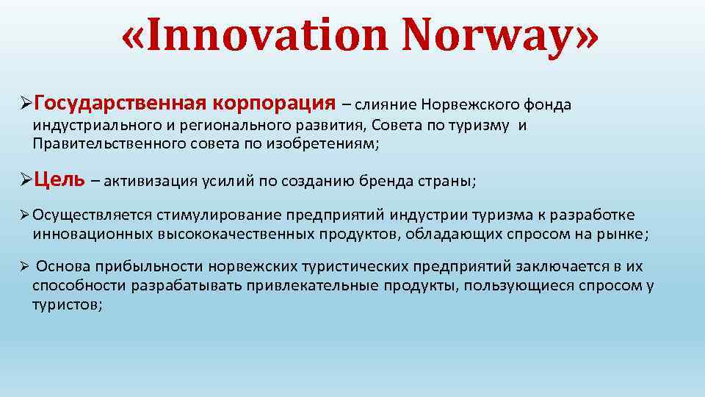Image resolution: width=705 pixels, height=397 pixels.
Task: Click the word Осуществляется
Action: (92, 215)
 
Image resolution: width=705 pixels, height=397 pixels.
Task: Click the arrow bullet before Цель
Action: (25, 179)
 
